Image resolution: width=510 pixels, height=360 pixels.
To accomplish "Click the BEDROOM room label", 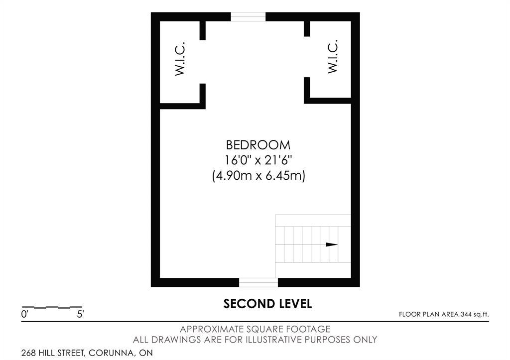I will [258, 145].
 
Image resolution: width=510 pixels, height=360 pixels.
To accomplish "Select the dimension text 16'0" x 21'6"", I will [258, 160].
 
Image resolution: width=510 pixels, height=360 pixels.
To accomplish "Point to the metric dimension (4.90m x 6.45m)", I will [258, 176].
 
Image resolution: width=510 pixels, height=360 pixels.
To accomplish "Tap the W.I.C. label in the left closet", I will [180, 59].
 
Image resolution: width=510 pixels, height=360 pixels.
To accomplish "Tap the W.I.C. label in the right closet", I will [333, 57].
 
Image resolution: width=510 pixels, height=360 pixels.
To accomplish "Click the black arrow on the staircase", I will [332, 244].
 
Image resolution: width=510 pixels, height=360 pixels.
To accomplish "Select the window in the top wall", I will [248, 16].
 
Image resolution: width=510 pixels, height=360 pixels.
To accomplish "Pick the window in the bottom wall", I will [258, 282].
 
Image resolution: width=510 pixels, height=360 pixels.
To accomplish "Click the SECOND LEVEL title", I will [267, 304].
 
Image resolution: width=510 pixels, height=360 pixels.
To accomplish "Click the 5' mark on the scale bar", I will [80, 315].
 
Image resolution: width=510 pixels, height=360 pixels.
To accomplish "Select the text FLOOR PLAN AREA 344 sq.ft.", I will [444, 314].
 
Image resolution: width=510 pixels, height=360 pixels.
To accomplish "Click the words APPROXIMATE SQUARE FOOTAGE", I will [255, 329].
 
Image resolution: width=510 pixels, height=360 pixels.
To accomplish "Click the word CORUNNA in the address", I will [112, 353].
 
